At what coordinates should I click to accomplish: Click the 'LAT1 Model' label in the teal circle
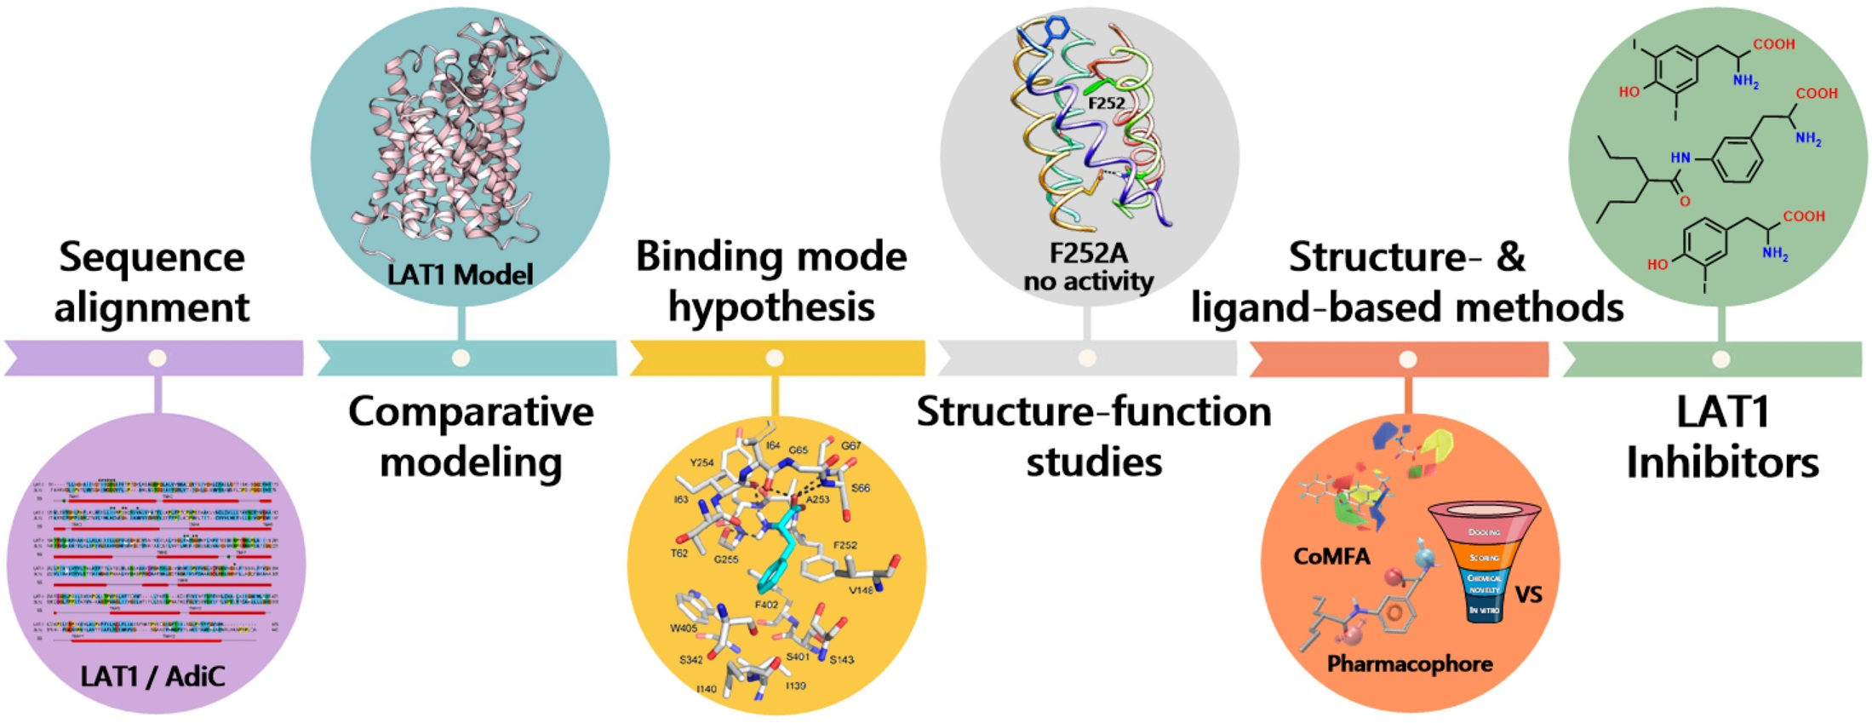(460, 274)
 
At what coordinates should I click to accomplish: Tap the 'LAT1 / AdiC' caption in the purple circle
(152, 676)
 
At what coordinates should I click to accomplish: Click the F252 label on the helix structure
(1106, 103)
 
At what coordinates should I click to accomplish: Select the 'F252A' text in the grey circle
(1088, 254)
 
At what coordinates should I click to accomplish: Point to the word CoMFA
(1331, 557)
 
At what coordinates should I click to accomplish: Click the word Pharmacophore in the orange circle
(1409, 663)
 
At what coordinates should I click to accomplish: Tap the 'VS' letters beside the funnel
(1528, 594)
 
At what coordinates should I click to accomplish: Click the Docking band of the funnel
(1484, 532)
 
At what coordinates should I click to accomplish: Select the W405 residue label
(684, 628)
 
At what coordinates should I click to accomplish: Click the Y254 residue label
(701, 462)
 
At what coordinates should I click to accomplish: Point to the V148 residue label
(861, 589)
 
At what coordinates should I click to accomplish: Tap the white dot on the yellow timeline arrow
(774, 358)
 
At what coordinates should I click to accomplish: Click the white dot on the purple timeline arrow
(157, 358)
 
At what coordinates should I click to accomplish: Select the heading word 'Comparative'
(471, 412)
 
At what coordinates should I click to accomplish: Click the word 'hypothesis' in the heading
(771, 307)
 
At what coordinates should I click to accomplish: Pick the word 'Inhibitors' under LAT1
(1722, 463)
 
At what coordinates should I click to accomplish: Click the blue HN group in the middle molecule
(1680, 158)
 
